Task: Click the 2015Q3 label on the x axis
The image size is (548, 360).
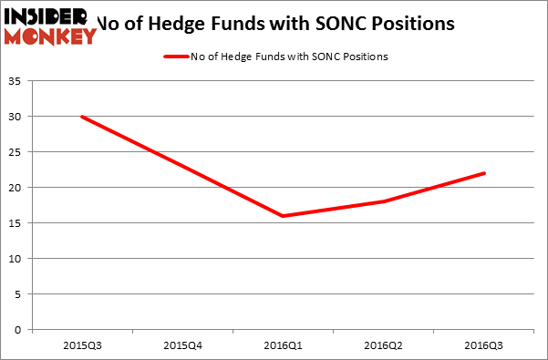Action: pos(82,345)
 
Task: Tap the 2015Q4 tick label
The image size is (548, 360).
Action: pos(182,345)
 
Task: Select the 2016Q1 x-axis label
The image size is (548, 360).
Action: pos(283,345)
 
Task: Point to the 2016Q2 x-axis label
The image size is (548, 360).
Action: pos(383,345)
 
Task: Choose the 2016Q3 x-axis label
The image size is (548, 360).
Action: pos(483,345)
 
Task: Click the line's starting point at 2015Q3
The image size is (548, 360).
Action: pos(82,117)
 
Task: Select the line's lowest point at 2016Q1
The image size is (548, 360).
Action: pos(283,216)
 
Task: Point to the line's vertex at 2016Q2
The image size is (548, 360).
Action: pos(383,201)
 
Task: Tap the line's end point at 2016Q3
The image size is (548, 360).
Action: pos(483,173)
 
